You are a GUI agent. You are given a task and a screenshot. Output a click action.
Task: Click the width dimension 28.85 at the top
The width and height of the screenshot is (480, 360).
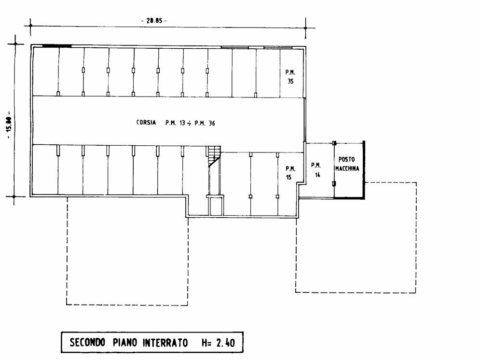[154, 21]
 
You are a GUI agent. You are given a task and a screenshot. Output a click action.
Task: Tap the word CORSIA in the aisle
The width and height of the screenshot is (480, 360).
[146, 123]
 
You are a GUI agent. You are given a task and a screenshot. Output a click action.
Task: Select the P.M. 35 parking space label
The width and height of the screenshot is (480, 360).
[290, 77]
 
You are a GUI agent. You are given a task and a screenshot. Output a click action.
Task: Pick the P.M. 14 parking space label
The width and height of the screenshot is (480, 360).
[316, 169]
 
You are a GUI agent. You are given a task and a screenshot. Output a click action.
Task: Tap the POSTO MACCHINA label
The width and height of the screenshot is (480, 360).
[347, 164]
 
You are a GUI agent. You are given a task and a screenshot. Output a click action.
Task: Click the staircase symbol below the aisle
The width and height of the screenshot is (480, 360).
[214, 156]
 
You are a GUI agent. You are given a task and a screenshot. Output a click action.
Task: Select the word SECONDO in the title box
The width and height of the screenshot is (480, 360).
[87, 342]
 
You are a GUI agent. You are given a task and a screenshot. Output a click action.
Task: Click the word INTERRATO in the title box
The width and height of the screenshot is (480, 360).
[165, 342]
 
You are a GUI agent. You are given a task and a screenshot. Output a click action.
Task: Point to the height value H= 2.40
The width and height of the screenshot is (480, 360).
[218, 342]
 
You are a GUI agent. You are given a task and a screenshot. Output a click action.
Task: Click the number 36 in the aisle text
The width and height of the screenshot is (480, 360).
[212, 123]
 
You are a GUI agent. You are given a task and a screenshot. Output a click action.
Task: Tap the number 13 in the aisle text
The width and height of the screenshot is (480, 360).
[182, 123]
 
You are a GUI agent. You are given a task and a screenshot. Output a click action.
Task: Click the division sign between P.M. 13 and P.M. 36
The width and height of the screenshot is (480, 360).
[190, 124]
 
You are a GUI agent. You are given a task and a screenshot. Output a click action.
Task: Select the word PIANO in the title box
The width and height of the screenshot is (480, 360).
[124, 342]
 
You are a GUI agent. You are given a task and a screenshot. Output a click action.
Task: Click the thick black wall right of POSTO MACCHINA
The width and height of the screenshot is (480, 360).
[364, 170]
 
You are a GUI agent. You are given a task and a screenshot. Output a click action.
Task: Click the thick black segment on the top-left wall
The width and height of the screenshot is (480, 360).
[56, 46]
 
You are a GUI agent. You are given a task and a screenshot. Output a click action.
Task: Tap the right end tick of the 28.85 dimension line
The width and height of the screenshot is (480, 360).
[305, 28]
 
